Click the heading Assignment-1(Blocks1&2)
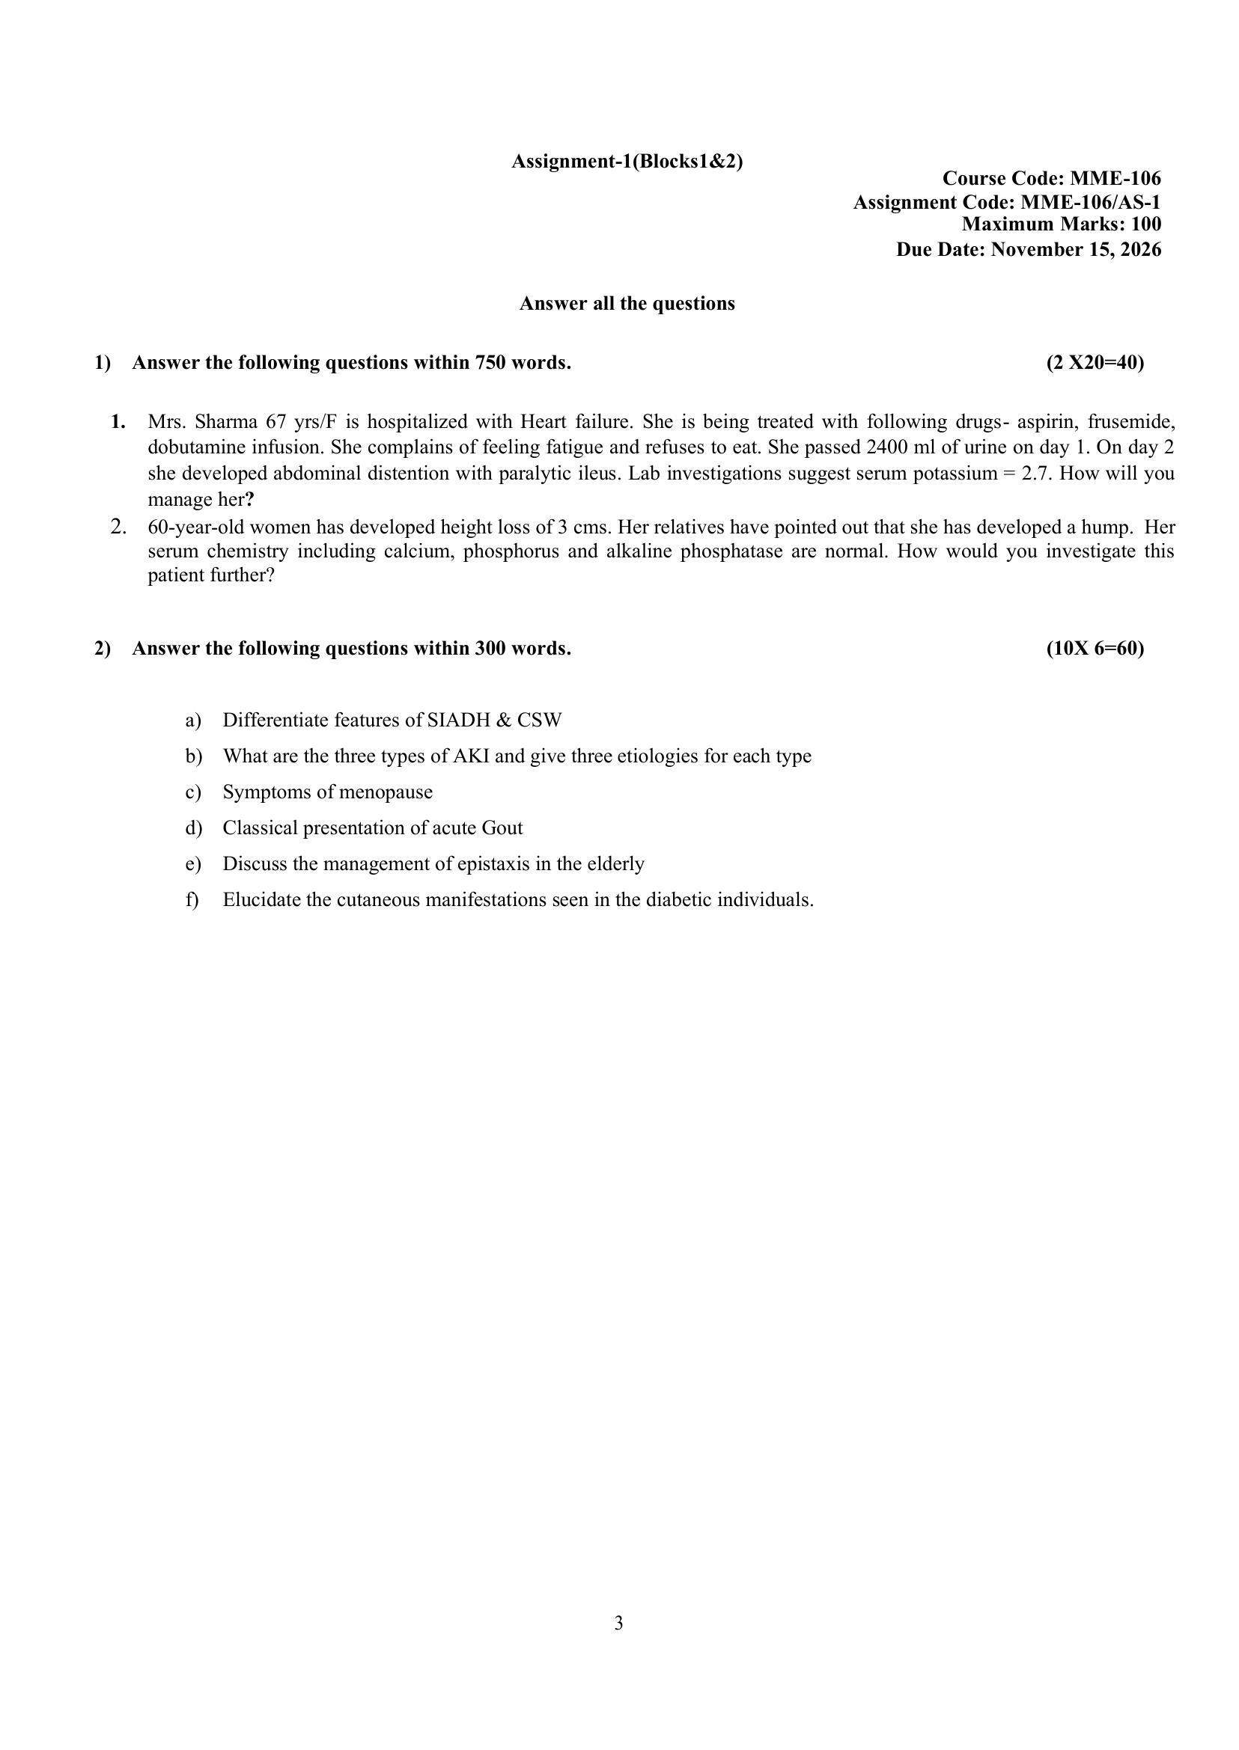click(x=627, y=162)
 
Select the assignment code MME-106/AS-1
click(x=1090, y=203)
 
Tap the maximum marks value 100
click(x=1146, y=224)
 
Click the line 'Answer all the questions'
click(x=627, y=304)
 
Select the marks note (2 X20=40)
click(x=1095, y=363)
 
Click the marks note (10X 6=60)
click(x=1095, y=649)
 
